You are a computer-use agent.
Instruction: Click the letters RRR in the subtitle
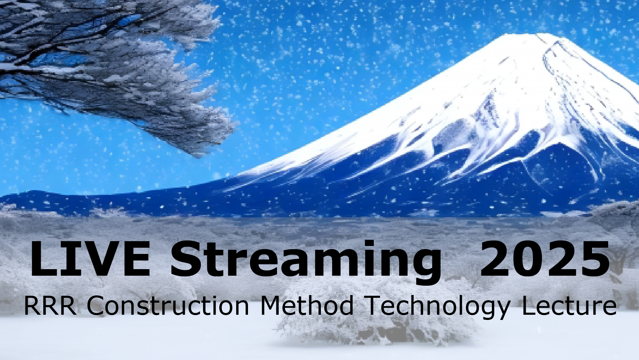[x=50, y=305]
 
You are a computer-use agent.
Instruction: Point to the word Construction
[x=168, y=305]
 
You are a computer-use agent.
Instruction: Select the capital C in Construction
[x=95, y=305]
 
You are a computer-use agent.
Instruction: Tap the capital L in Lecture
[x=528, y=305]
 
